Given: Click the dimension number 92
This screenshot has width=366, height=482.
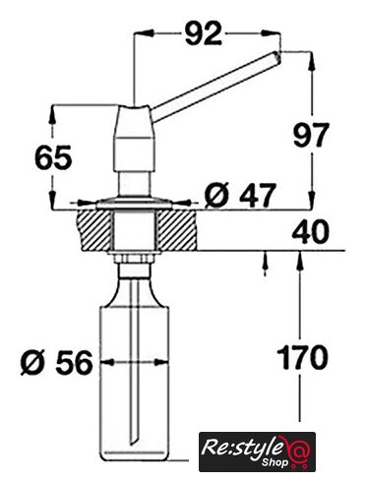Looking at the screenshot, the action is pos(204,33).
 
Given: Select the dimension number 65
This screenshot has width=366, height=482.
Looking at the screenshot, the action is pos(53,157).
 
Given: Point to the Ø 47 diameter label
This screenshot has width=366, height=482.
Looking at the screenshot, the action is pos(239,196).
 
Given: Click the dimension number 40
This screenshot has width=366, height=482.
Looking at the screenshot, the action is pos(310,232).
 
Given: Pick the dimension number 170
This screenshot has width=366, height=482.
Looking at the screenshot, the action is pos(302,357).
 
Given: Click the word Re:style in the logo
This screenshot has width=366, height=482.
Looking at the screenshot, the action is pos(242,448).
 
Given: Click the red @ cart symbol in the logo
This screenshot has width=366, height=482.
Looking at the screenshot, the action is pos(296,451).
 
